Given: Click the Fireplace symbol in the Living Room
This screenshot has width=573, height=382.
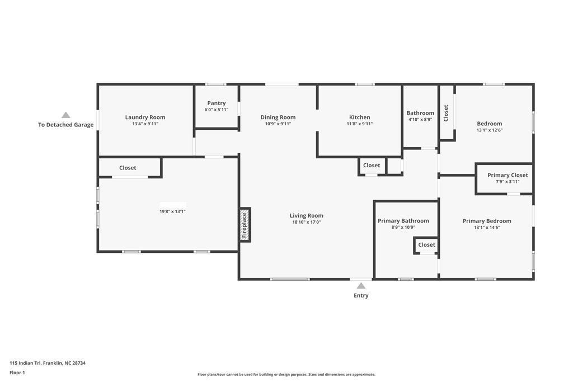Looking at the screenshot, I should pyautogui.click(x=245, y=225).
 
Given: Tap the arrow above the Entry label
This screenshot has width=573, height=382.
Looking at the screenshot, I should pyautogui.click(x=361, y=286).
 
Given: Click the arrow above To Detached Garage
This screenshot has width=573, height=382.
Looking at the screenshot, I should pyautogui.click(x=66, y=115).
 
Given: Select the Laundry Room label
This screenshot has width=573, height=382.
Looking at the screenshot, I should pyautogui.click(x=145, y=117).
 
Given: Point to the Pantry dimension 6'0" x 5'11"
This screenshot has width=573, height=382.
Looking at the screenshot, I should pyautogui.click(x=217, y=110).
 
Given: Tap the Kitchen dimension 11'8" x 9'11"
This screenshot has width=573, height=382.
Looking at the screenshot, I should pyautogui.click(x=359, y=124).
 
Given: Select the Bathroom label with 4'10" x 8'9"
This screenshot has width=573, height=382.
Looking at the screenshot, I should pyautogui.click(x=420, y=113).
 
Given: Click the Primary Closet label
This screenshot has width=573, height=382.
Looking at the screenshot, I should pyautogui.click(x=508, y=175).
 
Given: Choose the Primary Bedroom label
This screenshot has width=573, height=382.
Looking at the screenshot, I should pyautogui.click(x=487, y=221).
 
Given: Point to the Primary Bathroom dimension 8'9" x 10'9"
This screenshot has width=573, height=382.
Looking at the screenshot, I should pyautogui.click(x=403, y=228).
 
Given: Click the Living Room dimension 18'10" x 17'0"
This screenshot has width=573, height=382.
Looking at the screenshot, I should pyautogui.click(x=306, y=222).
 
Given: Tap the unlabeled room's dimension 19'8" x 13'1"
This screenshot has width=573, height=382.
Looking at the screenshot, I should pyautogui.click(x=172, y=211).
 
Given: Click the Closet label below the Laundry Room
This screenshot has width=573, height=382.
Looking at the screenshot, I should pyautogui.click(x=128, y=168).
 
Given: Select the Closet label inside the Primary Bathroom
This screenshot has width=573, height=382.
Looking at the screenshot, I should pyautogui.click(x=426, y=244).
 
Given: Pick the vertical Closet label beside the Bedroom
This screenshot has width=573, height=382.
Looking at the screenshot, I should pyautogui.click(x=446, y=113).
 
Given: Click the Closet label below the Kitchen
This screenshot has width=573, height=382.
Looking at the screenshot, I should pyautogui.click(x=372, y=165).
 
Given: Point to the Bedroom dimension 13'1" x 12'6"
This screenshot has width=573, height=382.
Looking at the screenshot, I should pyautogui.click(x=489, y=130).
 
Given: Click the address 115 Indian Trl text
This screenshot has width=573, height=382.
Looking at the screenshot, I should pyautogui.click(x=48, y=363).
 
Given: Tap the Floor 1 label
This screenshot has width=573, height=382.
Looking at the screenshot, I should pyautogui.click(x=17, y=372).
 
